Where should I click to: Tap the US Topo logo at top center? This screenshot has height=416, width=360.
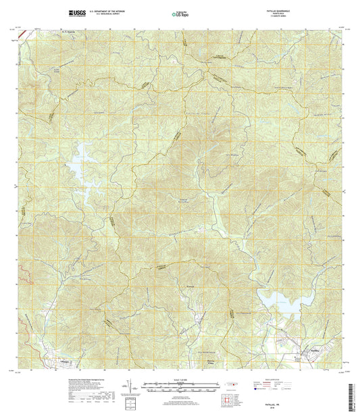point(180,14)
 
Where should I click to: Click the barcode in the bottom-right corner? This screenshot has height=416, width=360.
point(353,402)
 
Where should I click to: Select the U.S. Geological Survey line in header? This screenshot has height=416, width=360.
point(103,14)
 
